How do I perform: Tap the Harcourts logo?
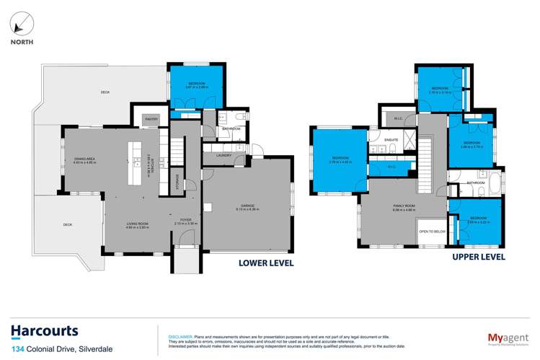(x=45, y=331)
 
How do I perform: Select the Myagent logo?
(x=503, y=335)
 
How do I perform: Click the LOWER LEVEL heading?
(x=266, y=263)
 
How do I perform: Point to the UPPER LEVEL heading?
(x=477, y=257)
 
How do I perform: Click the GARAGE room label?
(x=247, y=207)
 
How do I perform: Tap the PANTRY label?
(x=151, y=118)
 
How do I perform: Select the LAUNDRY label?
(x=223, y=153)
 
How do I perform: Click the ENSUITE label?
(x=391, y=139)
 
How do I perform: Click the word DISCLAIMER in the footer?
(x=179, y=337)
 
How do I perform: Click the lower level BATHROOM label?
(x=231, y=128)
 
